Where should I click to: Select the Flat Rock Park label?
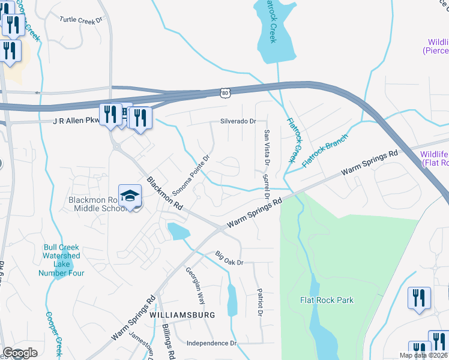pos(327,300)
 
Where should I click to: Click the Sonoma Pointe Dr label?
pos(191,175)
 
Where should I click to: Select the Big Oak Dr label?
pos(229,262)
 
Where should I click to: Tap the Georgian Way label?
pos(195,287)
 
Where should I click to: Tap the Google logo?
pos(20,353)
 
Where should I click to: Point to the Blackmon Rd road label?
pos(164,193)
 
